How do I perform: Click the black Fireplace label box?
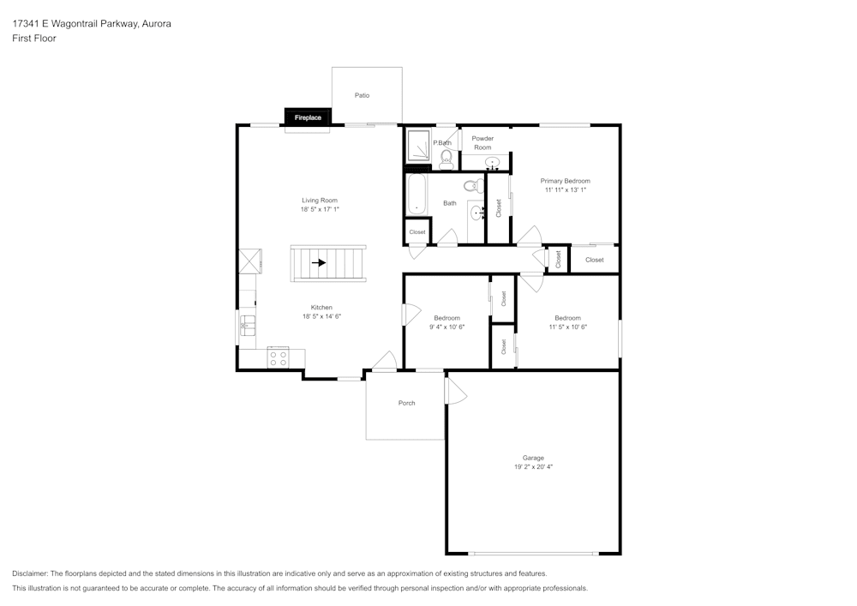308,117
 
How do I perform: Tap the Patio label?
363,95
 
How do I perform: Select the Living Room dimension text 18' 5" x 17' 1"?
320,210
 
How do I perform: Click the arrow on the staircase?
319,263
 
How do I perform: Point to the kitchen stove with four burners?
279,357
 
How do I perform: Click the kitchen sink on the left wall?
246,325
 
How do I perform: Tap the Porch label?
406,403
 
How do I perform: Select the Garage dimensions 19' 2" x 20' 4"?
534,467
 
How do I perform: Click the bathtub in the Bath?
416,194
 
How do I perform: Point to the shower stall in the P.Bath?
418,146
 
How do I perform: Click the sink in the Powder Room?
492,161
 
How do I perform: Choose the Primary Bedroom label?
565,181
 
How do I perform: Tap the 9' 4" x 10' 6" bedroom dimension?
446,327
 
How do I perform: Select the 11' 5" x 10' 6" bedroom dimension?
566,327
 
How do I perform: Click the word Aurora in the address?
156,24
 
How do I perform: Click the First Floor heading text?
34,39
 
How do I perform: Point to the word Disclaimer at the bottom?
30,573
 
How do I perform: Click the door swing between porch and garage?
455,392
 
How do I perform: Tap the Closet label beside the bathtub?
417,232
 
